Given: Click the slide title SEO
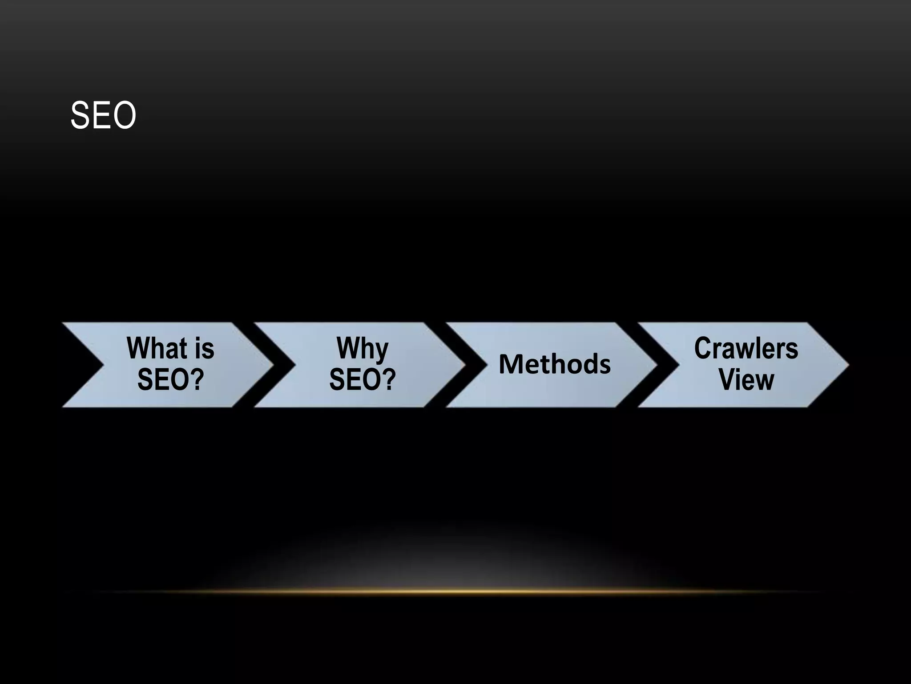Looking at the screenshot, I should coord(103,116).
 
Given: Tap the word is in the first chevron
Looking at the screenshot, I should coord(205,348).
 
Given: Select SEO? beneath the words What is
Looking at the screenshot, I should coord(170,380).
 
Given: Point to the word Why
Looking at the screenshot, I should coord(362,348).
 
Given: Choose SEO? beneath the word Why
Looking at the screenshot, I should coord(362,380).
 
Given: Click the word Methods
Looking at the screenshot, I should coord(555,364).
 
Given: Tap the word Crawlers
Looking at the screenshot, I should coord(746,348).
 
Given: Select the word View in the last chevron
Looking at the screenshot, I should coord(746,380).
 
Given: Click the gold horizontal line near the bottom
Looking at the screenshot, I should coord(455,592).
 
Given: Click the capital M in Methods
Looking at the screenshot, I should coord(510,364).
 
